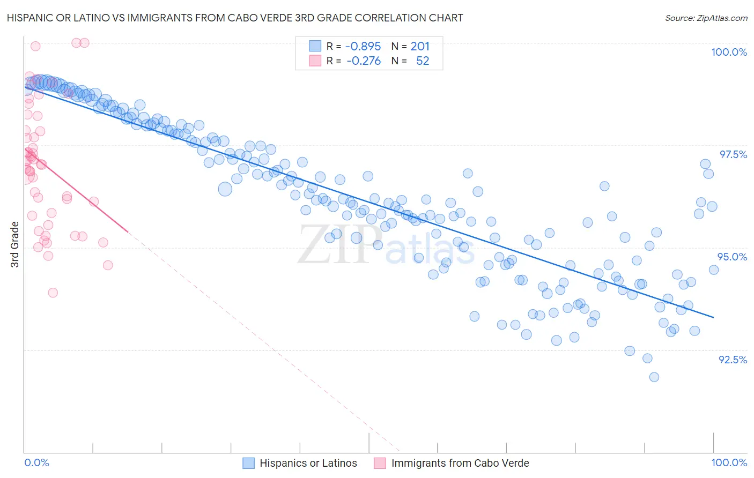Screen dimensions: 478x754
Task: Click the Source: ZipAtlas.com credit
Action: tap(706, 18)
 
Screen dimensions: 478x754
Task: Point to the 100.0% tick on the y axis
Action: tap(729, 53)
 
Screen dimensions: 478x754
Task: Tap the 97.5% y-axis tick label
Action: tap(733, 155)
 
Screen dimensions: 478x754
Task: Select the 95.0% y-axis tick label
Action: tap(732, 257)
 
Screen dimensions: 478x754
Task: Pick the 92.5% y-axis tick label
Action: tap(733, 360)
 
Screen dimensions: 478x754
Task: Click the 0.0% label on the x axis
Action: tap(36, 463)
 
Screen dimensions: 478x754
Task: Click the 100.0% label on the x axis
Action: tap(729, 463)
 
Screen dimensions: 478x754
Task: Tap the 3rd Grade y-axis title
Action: tap(15, 244)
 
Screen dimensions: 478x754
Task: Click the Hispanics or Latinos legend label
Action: tap(308, 464)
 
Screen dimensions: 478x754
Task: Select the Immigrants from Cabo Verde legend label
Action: tap(460, 464)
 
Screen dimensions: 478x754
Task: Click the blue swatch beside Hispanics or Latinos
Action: tap(248, 464)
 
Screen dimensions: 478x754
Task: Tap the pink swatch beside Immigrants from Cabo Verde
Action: tap(380, 464)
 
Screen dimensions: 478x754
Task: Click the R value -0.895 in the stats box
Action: tap(363, 47)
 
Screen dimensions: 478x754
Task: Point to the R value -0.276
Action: tap(364, 61)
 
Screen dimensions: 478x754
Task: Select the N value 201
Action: tap(420, 47)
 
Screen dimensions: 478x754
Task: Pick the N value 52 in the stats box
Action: tap(423, 61)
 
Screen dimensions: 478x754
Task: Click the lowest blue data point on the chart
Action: tap(654, 377)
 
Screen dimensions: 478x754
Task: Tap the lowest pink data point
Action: tap(53, 293)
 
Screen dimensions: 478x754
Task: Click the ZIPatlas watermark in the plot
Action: tap(386, 245)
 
